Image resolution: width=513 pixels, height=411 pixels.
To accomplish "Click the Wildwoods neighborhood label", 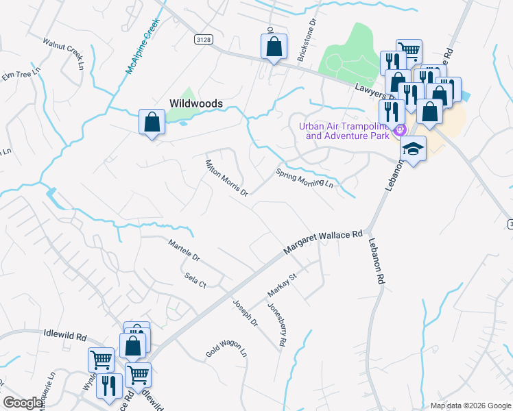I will [x=196, y=103].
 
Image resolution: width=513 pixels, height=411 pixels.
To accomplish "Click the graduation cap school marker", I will [x=414, y=149].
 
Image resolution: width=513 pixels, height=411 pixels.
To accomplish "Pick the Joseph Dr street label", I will [x=245, y=312].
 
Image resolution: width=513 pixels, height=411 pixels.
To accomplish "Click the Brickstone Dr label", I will [x=306, y=40].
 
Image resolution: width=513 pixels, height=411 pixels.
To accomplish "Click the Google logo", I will [x=23, y=403].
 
